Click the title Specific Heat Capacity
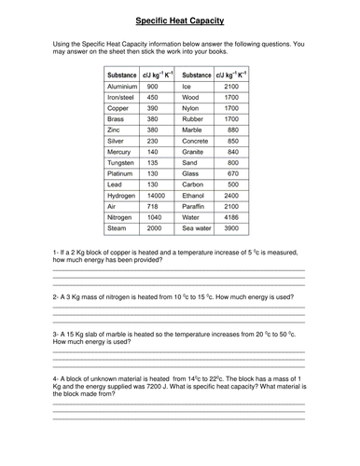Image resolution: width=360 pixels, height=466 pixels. (x=179, y=19)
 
